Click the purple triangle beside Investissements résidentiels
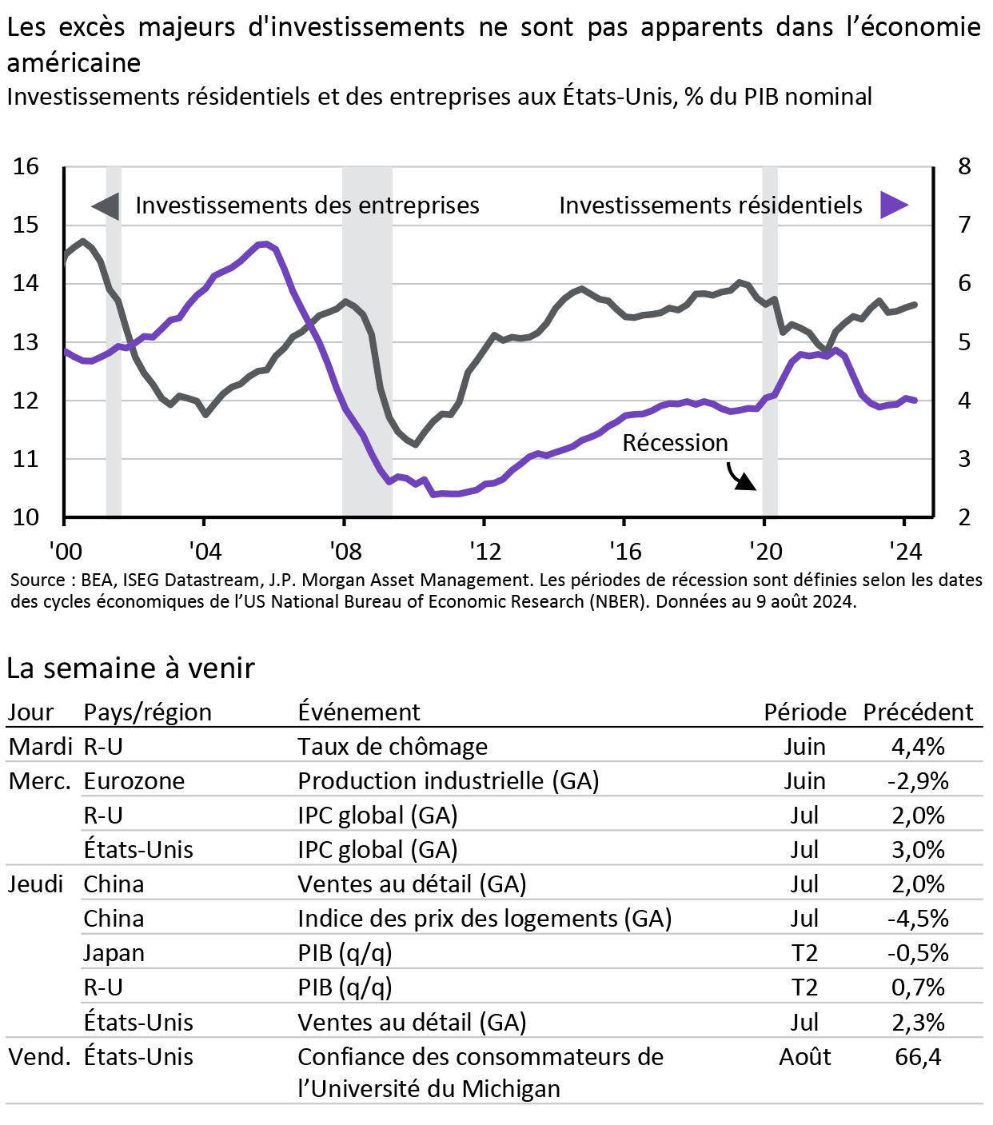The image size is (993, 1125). [x=893, y=205]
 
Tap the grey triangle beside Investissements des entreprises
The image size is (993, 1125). [x=106, y=205]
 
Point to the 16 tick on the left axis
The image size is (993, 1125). [x=26, y=166]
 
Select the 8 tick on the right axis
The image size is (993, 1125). [x=964, y=166]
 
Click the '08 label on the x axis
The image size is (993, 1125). [x=345, y=551]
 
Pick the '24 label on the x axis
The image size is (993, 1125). [x=905, y=551]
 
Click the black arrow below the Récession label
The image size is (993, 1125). [x=740, y=477]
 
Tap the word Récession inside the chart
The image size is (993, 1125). [x=675, y=443]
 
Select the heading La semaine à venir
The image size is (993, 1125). [x=130, y=668]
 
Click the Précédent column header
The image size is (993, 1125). [x=918, y=712]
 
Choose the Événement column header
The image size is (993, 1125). [x=358, y=712]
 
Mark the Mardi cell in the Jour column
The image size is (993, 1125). [x=40, y=746]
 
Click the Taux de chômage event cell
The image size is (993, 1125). [x=392, y=746]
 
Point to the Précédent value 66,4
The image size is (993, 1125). [x=918, y=1056]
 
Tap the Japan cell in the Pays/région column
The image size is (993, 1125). [x=114, y=953]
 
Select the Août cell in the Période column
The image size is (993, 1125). [x=804, y=1056]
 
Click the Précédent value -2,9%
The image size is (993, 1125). [x=918, y=780]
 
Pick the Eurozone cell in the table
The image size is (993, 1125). [x=134, y=780]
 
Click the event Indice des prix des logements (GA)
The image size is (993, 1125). [x=484, y=919]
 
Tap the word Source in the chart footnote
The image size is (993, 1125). [x=38, y=580]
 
